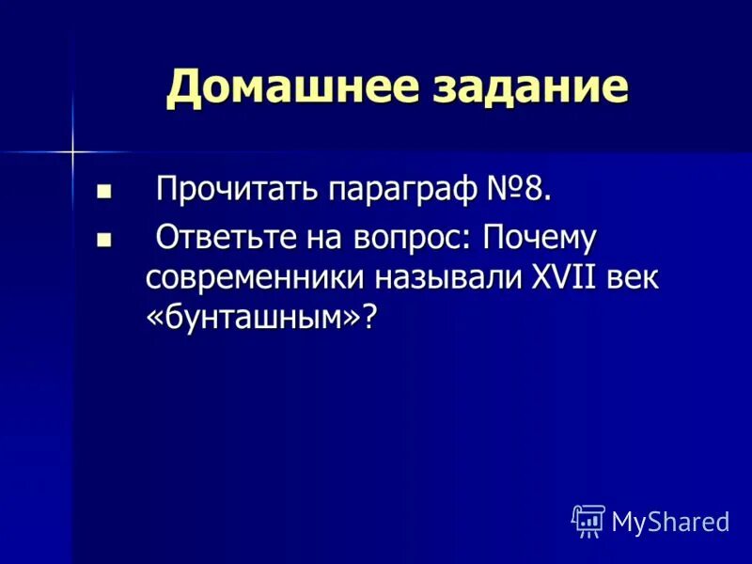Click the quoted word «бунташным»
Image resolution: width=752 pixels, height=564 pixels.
point(253,318)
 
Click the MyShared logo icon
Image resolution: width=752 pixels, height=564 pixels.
point(588,519)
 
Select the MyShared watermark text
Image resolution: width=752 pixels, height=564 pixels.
point(670,520)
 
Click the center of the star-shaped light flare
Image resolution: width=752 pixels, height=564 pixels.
point(71,149)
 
